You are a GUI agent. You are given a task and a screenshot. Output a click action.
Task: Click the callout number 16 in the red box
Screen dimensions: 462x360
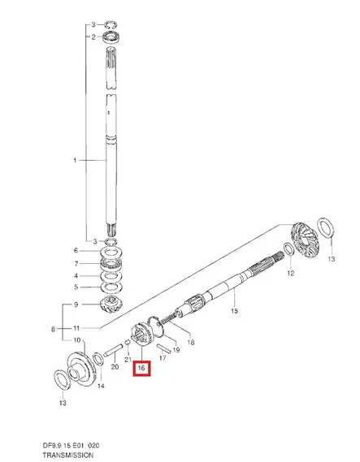[x=142, y=368]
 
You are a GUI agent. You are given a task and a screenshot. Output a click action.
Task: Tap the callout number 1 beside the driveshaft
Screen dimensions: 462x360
[x=73, y=161]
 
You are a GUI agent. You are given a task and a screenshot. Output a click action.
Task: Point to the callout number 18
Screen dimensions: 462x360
[x=191, y=343]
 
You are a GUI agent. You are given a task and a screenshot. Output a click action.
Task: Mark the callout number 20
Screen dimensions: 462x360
[x=114, y=367]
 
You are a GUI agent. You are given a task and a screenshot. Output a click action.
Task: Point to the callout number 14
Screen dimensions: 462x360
[x=100, y=385]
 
